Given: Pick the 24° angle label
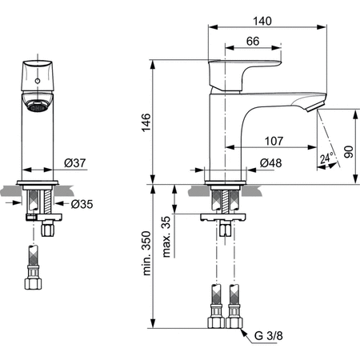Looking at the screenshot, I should click(326, 158).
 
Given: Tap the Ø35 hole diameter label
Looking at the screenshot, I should click(80, 204).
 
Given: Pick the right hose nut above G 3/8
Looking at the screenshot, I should click(234, 322).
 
